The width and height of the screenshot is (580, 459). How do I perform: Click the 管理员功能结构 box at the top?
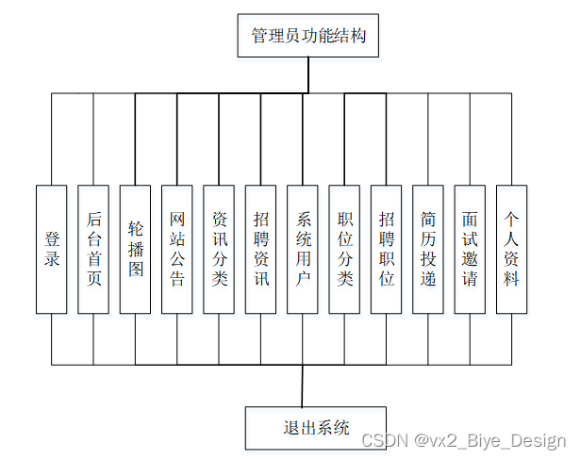pos(302,38)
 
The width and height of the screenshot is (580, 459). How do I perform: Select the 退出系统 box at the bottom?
pos(303,427)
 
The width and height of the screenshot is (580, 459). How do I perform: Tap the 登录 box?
pos(52,249)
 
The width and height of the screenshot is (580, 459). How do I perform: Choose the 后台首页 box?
pos(93,249)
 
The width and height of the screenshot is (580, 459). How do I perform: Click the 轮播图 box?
pos(136,249)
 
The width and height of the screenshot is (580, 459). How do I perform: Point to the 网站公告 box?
pos(177,249)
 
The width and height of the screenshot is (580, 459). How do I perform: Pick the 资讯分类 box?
pos(219,249)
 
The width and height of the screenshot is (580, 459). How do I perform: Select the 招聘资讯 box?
pos(261,249)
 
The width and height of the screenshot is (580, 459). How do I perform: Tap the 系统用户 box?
pos(303,249)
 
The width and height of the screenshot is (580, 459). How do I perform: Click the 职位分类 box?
pos(344,249)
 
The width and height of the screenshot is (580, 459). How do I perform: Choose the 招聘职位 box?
pos(387,249)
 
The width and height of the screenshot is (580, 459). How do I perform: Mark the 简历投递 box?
pos(428,249)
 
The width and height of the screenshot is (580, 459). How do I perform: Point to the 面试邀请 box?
pos(470,249)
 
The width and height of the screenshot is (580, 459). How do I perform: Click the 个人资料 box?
pos(512,249)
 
